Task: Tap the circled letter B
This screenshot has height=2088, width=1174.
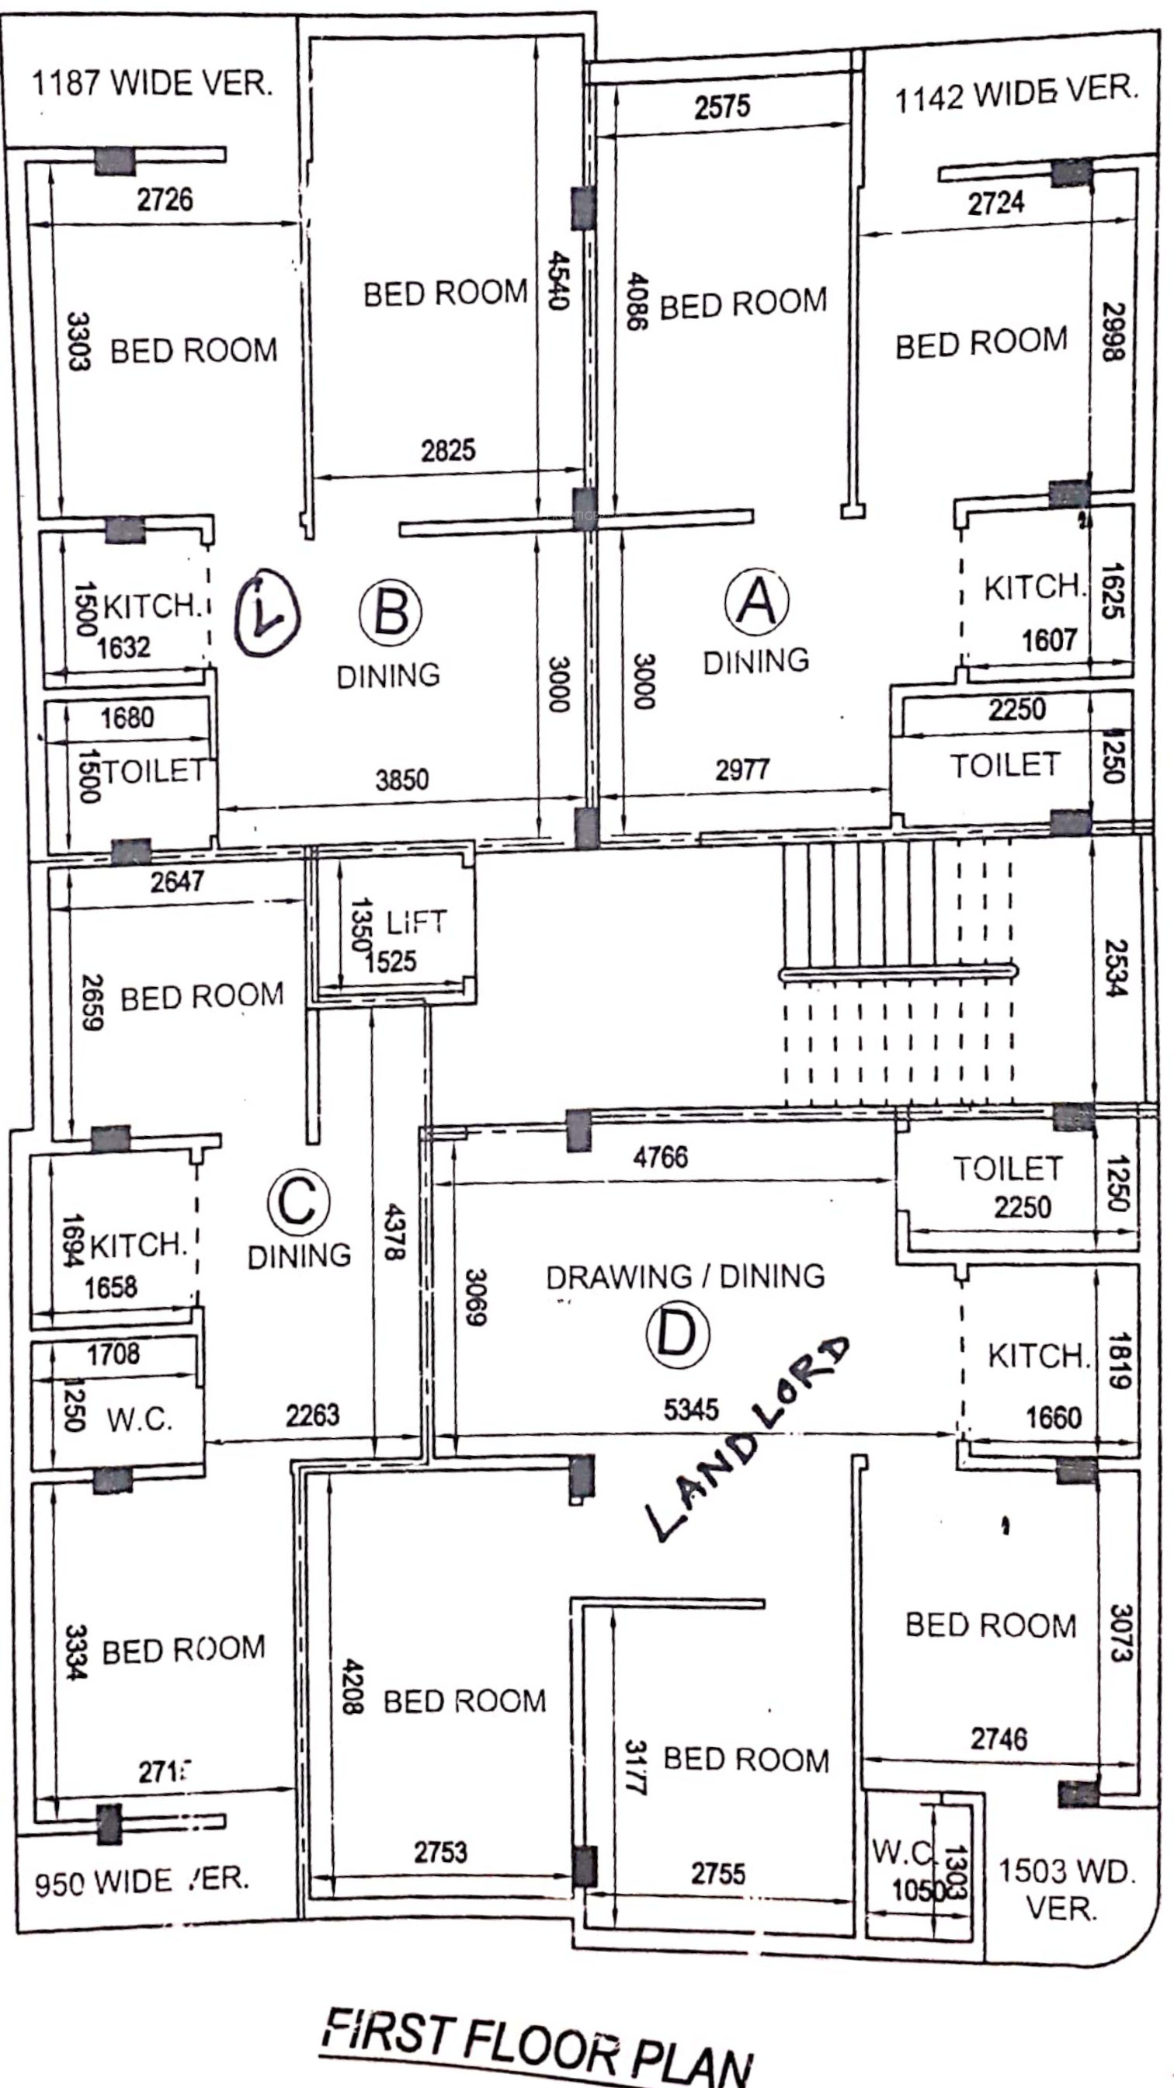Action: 391,613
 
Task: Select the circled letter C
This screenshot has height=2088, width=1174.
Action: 298,1202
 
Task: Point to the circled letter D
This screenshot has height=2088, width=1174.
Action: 677,1333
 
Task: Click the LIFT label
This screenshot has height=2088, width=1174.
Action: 416,922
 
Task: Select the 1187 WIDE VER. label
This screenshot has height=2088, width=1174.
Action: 151,82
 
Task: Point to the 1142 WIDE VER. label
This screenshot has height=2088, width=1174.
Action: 1015,94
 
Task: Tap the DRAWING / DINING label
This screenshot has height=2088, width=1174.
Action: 685,1277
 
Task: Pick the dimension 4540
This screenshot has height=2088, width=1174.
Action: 557,280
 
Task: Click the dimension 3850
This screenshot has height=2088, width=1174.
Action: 402,780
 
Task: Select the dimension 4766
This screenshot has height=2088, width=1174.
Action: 661,1157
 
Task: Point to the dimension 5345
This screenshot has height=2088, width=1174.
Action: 691,1409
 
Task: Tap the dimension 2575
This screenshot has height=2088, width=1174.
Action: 722,106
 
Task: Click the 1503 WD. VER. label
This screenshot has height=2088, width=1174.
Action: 1065,1889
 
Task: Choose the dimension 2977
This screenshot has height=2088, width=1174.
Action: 742,769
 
